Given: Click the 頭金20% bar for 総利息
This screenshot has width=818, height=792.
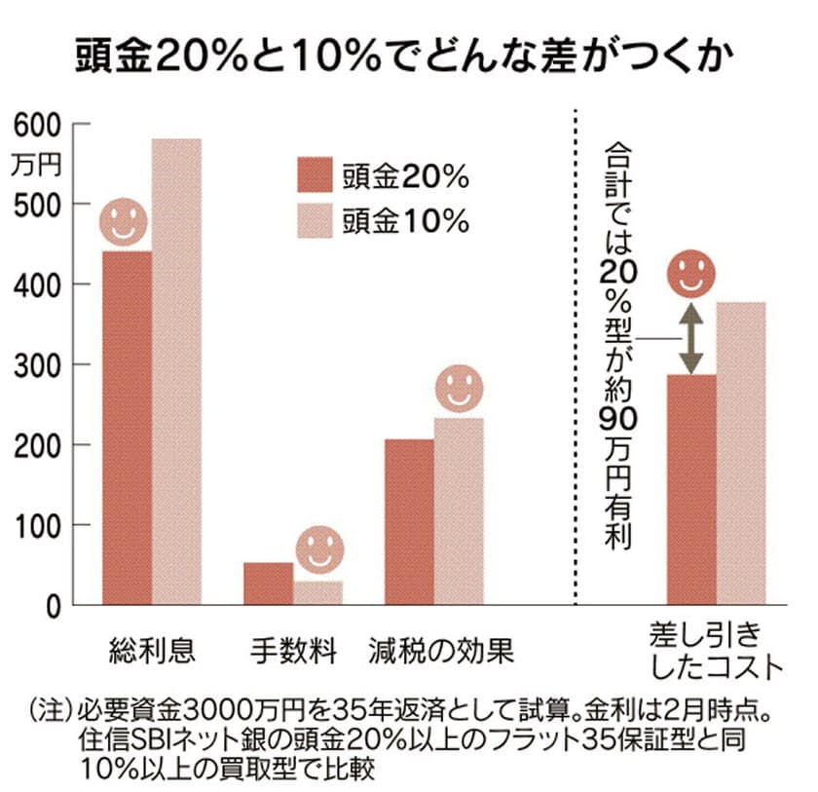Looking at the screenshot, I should [127, 429].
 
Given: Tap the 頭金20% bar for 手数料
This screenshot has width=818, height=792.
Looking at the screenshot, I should [268, 584].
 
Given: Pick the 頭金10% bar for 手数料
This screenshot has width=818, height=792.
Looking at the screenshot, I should [318, 593].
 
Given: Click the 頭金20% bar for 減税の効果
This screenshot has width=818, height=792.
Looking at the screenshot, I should [409, 522].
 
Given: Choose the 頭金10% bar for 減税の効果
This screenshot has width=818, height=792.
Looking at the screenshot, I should [459, 511].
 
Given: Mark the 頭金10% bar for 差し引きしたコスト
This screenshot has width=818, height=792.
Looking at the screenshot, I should [741, 454].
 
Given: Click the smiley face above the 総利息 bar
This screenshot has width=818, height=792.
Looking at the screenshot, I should [125, 222].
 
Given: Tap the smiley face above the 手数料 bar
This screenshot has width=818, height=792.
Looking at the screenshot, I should [320, 551].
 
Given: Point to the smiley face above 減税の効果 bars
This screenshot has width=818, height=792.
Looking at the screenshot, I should [459, 389].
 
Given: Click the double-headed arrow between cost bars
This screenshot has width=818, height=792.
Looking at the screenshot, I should [690, 338].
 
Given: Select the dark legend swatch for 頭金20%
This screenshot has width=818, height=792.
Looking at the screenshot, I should [315, 177].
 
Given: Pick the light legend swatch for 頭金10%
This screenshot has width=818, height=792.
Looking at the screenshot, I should [315, 222].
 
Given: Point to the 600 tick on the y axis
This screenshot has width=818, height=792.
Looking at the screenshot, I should [36, 125].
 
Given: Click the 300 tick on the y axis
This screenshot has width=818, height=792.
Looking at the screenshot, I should [36, 365].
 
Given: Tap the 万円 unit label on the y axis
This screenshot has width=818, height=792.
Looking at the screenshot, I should [36, 165].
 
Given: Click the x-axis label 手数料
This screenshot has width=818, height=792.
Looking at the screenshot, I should [292, 651].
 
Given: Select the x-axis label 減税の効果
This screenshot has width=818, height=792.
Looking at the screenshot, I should [441, 651].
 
